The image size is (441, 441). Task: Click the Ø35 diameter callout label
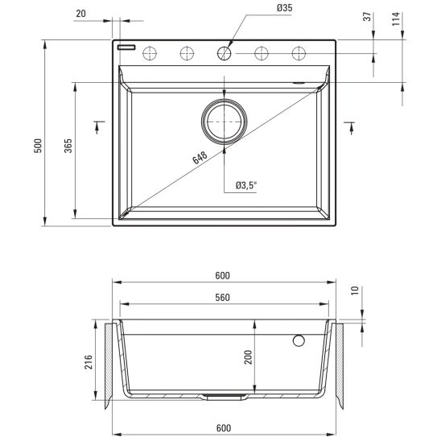(284, 8)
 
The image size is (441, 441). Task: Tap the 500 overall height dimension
(38, 146)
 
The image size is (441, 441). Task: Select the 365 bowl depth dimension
(68, 146)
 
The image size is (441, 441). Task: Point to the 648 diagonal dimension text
(200, 158)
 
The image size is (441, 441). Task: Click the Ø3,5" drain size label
(246, 185)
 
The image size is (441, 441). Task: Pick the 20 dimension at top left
(80, 14)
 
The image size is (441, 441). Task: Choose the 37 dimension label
(367, 17)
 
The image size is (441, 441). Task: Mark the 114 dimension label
(396, 19)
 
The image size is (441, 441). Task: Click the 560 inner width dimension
(222, 297)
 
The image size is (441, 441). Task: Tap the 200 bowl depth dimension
(248, 357)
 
